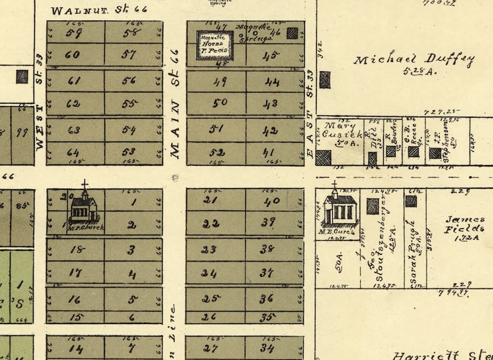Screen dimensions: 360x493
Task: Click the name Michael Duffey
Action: tap(414, 61)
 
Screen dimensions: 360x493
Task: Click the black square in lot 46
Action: tap(292, 34)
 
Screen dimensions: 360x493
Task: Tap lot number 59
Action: tap(74, 33)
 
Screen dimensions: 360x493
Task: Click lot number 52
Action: tap(217, 153)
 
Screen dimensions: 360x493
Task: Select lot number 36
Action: tap(266, 299)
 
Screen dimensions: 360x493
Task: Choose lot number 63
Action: tap(73, 130)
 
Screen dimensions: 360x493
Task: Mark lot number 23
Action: tap(209, 250)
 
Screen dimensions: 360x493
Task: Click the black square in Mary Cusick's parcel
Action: tap(323, 157)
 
